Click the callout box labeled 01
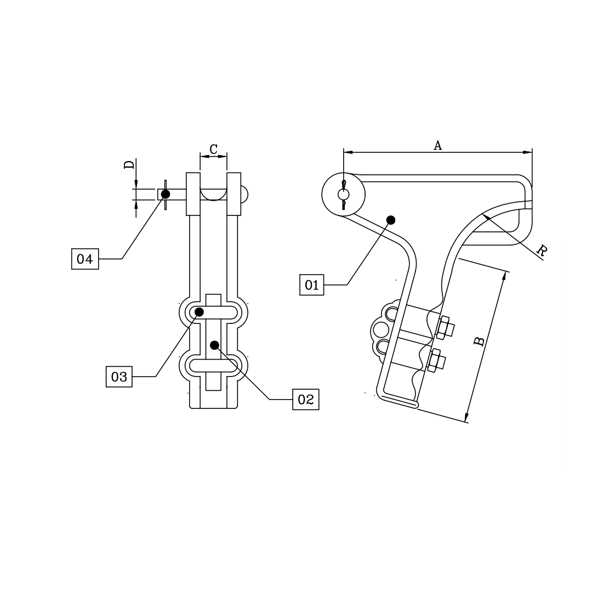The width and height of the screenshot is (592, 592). tap(312, 284)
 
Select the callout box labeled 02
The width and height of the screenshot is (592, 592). tap(305, 400)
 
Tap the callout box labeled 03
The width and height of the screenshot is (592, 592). tap(119, 377)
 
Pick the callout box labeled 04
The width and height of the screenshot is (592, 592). tap(85, 259)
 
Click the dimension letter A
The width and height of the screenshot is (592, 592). tap(437, 145)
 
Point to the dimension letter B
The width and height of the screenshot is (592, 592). tap(479, 341)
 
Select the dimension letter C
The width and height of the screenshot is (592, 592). tap(214, 149)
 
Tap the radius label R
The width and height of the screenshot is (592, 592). tap(542, 251)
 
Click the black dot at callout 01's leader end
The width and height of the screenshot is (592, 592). tap(390, 220)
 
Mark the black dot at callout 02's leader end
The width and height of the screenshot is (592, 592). tap(215, 345)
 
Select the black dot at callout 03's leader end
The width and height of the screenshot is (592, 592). tap(200, 312)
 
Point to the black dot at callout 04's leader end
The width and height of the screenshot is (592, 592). tap(166, 194)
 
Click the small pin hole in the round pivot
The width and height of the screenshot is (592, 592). tap(343, 195)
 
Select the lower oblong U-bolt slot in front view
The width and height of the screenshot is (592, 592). tap(214, 364)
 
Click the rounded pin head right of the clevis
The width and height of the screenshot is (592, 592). tap(245, 194)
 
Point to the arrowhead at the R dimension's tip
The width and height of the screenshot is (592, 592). tap(485, 217)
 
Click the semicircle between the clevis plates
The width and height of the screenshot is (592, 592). tap(214, 195)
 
